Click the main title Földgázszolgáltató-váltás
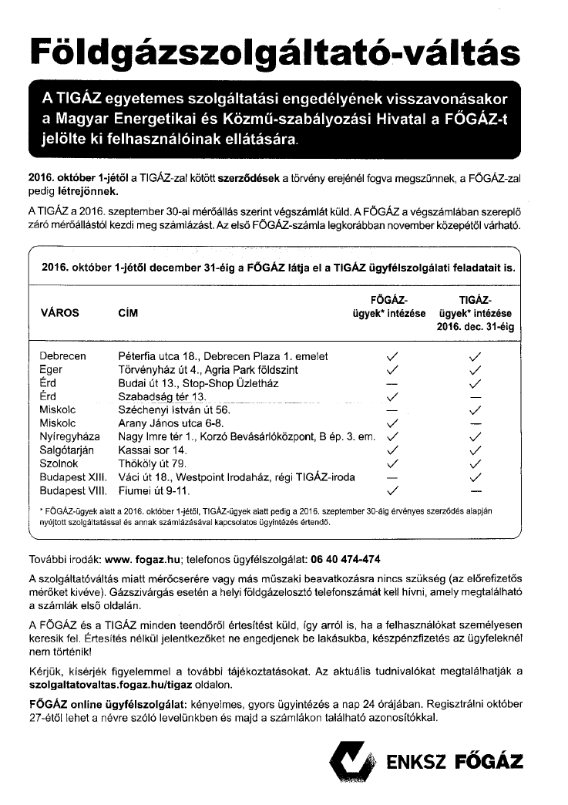[274, 51]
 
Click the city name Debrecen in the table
[62, 356]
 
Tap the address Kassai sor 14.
[152, 450]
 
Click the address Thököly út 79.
[152, 463]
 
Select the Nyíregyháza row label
[70, 436]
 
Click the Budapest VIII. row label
[72, 490]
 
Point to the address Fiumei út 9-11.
[153, 490]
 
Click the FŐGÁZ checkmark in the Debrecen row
[392, 356]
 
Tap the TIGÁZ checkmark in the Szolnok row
[476, 463]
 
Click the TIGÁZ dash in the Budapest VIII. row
[476, 490]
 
